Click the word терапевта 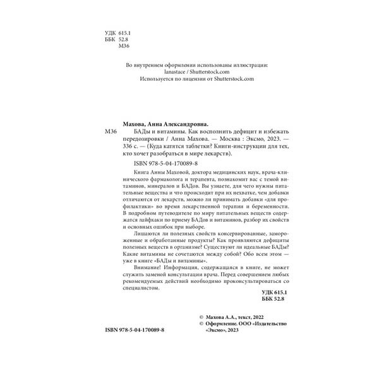[x=203, y=180]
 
